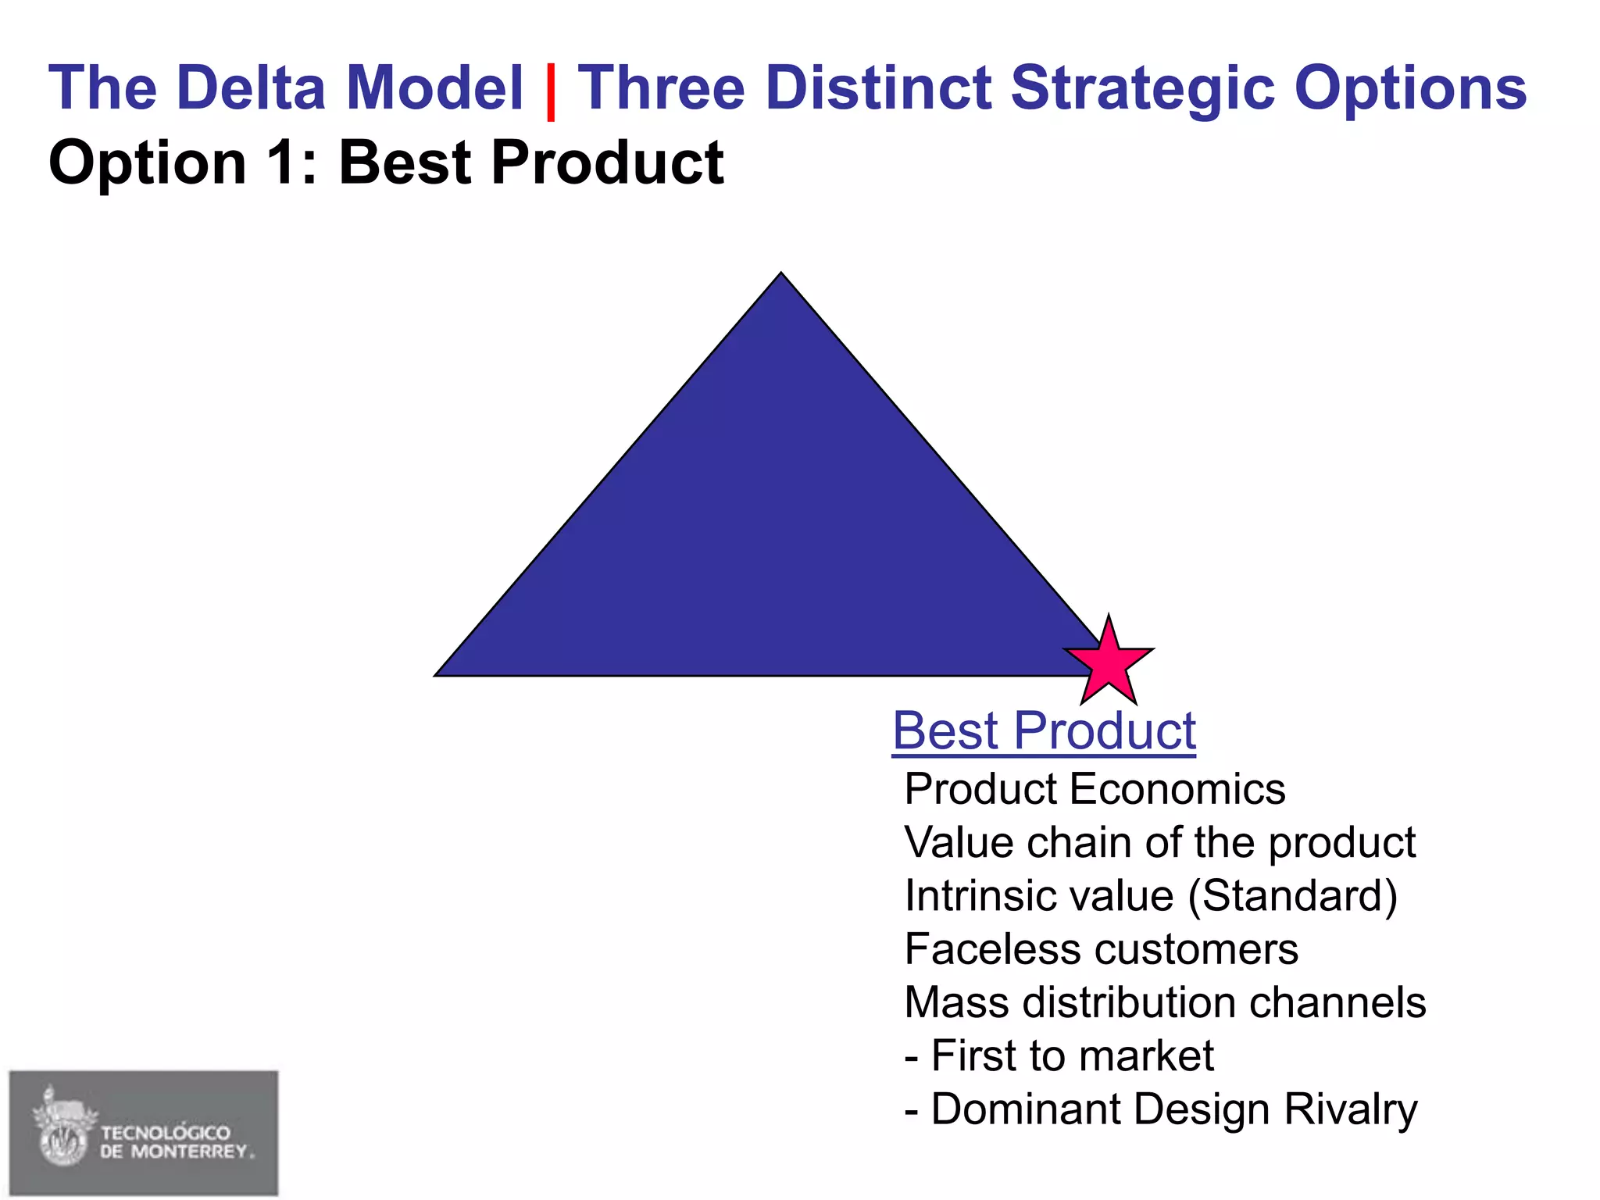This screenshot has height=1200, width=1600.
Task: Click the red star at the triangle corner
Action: (x=1108, y=662)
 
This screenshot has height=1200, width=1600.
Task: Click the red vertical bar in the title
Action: (x=551, y=91)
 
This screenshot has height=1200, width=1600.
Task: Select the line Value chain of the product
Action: (x=1159, y=842)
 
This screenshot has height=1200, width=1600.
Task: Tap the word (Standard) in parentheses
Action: (x=1292, y=895)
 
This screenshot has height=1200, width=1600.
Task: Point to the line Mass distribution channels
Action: (x=1164, y=1002)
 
